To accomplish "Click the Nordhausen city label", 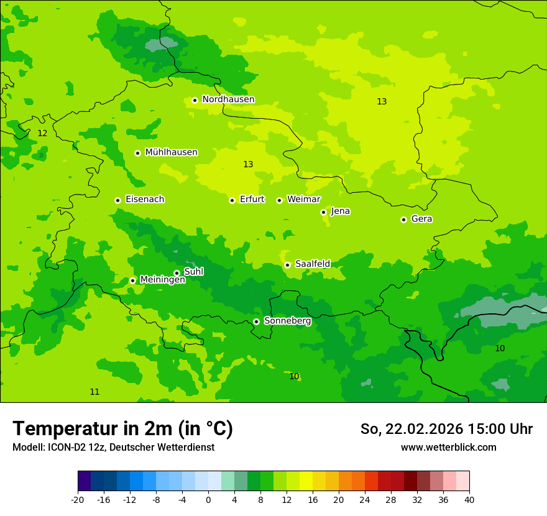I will (x=228, y=99).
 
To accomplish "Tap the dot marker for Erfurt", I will (x=232, y=200).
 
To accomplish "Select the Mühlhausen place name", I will (x=171, y=152).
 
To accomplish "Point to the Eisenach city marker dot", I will (x=117, y=200).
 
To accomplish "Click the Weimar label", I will (x=303, y=200).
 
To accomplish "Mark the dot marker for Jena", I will (x=323, y=212).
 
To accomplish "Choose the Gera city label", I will (x=421, y=219).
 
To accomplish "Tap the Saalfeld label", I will (x=312, y=264).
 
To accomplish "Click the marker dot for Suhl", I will (x=177, y=273).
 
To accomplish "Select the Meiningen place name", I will (x=162, y=280).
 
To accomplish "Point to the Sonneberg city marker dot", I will (x=256, y=321).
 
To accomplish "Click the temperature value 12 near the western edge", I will (x=42, y=134).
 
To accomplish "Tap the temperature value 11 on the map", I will (x=94, y=392).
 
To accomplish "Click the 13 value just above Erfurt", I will (x=248, y=164).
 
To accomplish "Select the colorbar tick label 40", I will (x=469, y=499).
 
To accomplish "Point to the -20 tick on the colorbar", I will (x=78, y=499).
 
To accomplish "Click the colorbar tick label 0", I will (x=208, y=499).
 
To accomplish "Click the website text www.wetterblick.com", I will (x=448, y=447).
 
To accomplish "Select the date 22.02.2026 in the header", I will (x=425, y=429).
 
